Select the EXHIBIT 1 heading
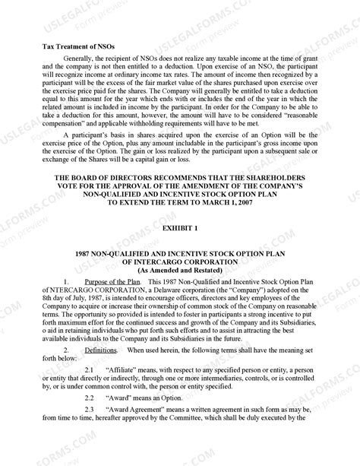(179, 229)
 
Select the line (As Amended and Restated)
(179, 271)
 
